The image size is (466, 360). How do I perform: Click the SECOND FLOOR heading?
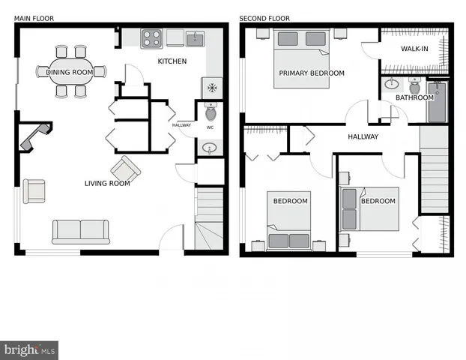[x=264, y=19]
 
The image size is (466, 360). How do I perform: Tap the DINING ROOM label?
[x=70, y=72]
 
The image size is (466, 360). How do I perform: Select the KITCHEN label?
[x=172, y=61]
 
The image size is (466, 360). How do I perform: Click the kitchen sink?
[x=196, y=37]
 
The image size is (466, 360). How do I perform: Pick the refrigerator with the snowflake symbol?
[x=212, y=88]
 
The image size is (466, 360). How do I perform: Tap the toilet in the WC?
[x=211, y=113]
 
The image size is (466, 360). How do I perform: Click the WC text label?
[x=210, y=127]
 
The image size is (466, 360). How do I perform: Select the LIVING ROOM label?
[x=107, y=183]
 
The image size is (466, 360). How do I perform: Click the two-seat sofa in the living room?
[x=80, y=231]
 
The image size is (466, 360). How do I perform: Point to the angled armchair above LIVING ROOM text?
[x=124, y=167]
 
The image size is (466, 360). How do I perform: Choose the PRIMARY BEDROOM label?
[x=312, y=73]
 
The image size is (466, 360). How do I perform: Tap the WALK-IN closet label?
[x=414, y=49]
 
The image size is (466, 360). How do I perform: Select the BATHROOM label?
[x=414, y=97]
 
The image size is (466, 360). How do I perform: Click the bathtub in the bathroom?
[x=438, y=102]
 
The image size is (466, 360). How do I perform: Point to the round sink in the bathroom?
[x=390, y=85]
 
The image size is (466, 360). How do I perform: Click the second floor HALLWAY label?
[x=363, y=136]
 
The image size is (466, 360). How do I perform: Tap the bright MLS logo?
[x=30, y=349]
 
